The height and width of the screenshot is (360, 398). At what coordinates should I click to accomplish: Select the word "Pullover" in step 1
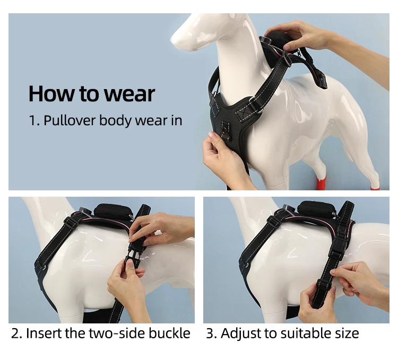70,120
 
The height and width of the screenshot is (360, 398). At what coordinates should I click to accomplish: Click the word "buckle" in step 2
169,333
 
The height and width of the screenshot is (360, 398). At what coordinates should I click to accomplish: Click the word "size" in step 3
348,333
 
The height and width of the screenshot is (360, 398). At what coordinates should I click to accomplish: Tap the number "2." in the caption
17,333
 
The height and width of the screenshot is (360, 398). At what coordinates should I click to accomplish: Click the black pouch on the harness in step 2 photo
111,211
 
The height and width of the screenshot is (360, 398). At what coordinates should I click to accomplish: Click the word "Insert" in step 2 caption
44,333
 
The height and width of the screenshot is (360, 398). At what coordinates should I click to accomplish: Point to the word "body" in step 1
115,121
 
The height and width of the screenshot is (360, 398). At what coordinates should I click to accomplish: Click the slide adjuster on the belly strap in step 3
324,285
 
